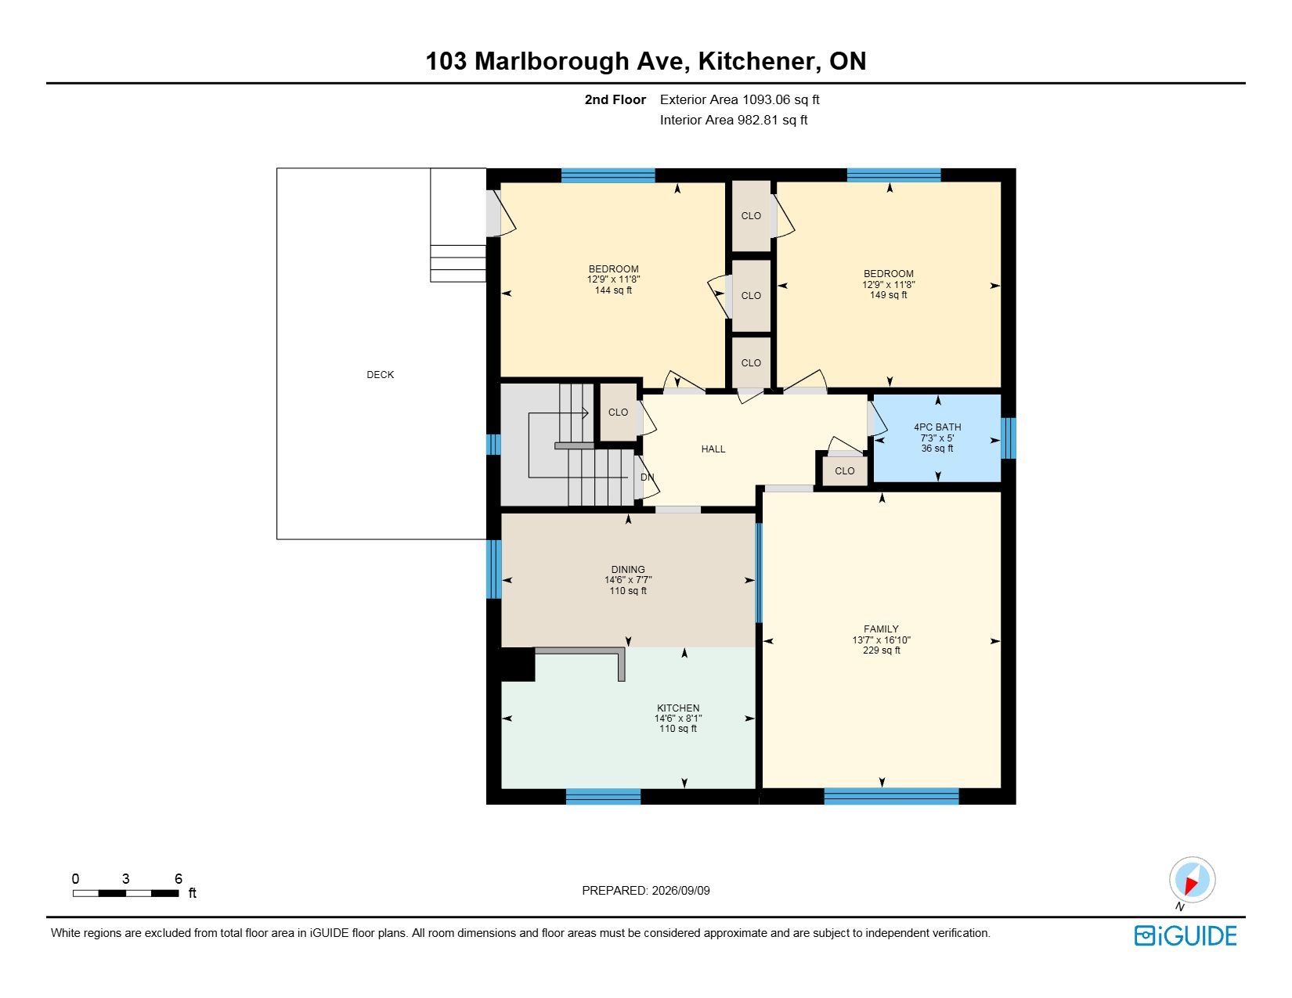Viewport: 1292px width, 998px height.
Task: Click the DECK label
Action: coord(380,374)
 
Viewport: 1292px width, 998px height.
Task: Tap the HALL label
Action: coord(713,449)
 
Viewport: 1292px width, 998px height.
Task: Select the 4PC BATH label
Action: coord(937,427)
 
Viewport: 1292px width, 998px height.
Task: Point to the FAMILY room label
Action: coord(881,629)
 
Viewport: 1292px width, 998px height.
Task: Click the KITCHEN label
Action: coord(678,708)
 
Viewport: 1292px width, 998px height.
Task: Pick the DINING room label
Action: coord(628,569)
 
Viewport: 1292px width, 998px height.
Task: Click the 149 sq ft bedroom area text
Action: coord(888,295)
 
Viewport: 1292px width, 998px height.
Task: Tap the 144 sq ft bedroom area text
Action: coord(613,290)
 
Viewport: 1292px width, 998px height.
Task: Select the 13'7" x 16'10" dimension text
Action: coord(881,640)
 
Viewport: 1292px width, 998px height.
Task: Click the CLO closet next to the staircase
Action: coord(618,412)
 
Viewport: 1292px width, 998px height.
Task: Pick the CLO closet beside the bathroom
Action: coord(844,470)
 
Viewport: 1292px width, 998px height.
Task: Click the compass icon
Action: coord(1192,880)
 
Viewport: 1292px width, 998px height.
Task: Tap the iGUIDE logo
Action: coord(1186,935)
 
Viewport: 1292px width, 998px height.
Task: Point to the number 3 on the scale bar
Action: coord(125,878)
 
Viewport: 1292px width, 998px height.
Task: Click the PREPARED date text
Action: coord(646,891)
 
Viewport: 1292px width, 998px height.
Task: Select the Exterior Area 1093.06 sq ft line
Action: coord(739,100)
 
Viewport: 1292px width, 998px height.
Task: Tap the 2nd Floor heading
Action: coord(615,100)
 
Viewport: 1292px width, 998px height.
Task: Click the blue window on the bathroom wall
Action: coord(1009,438)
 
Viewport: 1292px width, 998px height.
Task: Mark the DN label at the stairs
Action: coord(647,477)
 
